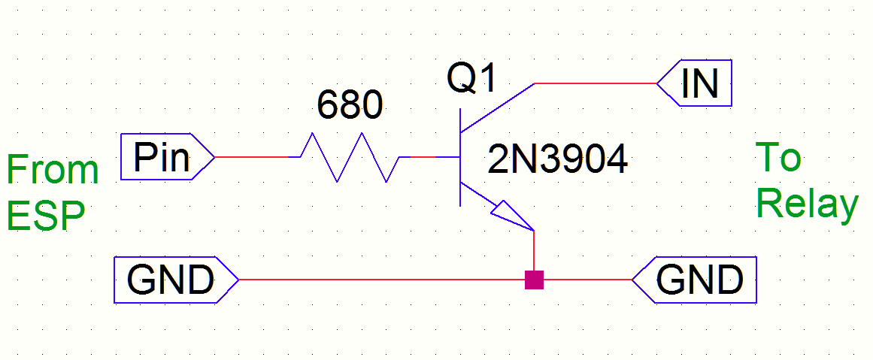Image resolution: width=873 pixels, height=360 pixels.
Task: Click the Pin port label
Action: point(162,157)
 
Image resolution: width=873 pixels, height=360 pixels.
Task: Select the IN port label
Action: point(699,83)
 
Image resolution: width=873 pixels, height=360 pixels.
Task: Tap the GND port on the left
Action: point(170,280)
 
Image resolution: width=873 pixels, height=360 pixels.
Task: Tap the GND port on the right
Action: point(699,280)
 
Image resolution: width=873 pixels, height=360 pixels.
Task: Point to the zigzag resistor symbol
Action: point(350,157)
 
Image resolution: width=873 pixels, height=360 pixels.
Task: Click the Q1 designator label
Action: point(471,77)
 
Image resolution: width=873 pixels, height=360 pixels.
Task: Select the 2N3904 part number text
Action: point(557,160)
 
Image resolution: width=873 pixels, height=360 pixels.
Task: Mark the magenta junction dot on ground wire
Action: point(534,280)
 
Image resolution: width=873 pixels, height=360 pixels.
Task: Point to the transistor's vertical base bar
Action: point(459,157)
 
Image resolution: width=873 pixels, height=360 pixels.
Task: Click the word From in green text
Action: point(53,170)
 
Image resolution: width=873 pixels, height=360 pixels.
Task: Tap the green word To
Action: point(778,158)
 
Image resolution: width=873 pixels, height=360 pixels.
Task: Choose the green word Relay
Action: point(807,204)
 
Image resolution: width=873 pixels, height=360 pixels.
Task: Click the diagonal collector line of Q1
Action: point(497,106)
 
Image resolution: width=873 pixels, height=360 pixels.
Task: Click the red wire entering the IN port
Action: point(594,83)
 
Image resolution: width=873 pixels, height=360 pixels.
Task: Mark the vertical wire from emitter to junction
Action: point(534,252)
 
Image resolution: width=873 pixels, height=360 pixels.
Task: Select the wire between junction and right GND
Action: point(587,280)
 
